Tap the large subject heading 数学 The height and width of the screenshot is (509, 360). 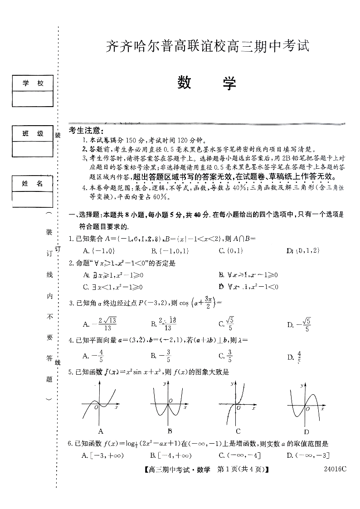pos(207,83)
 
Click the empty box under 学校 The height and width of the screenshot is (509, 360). pos(32,98)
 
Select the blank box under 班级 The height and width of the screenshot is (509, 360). pos(32,148)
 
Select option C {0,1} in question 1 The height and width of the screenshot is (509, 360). pos(231,250)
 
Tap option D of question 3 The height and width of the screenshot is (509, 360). pos(299,324)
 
